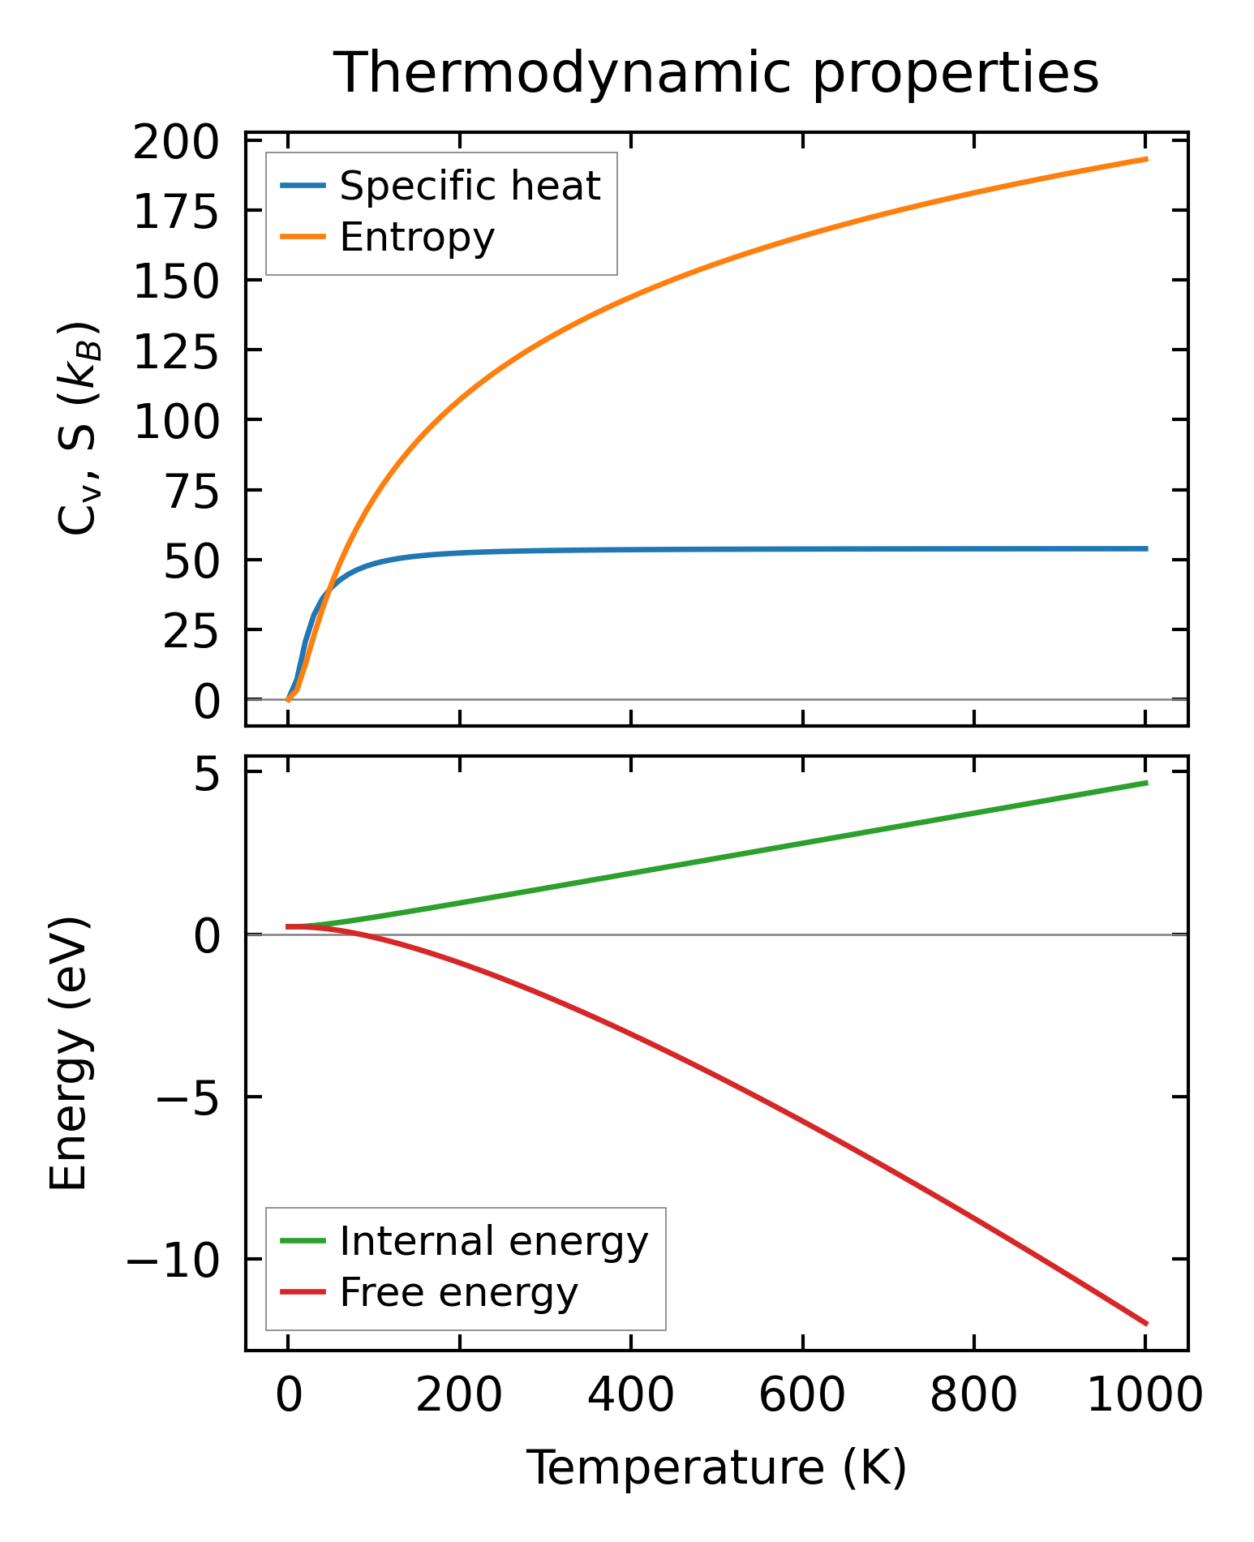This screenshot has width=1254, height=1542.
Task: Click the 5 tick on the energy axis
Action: (207, 776)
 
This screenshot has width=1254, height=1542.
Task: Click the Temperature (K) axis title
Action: (716, 1467)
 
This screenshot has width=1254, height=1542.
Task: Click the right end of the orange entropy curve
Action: (1146, 159)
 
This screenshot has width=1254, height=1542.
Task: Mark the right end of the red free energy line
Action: (1146, 1324)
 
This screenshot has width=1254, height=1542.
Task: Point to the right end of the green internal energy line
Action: (1146, 783)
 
